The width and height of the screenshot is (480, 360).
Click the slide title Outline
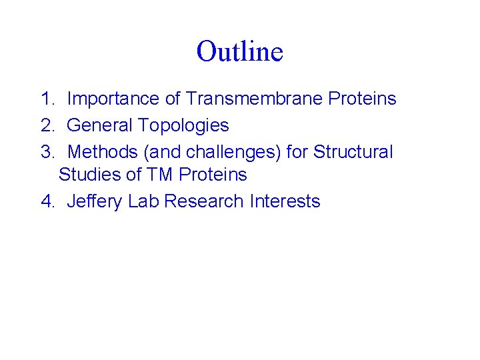pos(240,51)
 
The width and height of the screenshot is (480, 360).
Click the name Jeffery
pos(95,202)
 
